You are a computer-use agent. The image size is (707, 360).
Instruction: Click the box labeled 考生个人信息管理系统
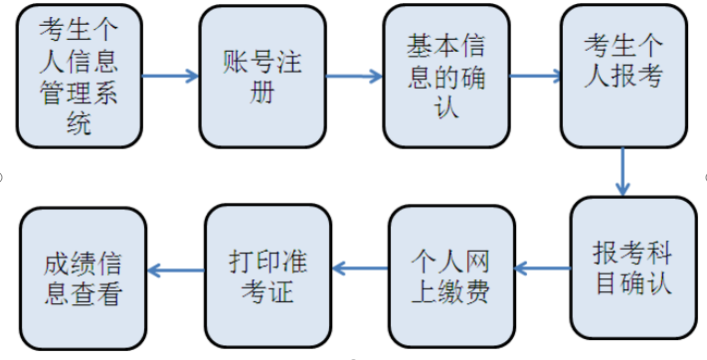(x=79, y=77)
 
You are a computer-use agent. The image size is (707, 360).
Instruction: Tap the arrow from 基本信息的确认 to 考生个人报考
(x=535, y=77)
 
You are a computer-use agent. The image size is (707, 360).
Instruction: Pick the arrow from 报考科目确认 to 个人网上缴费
(x=542, y=268)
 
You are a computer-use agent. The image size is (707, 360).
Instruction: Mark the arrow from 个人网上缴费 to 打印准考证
(x=359, y=268)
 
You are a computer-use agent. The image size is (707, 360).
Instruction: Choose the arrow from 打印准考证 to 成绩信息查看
(x=175, y=268)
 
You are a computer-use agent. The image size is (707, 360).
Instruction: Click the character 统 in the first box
(x=79, y=124)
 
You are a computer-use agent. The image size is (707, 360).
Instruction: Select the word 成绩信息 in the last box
(x=84, y=264)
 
